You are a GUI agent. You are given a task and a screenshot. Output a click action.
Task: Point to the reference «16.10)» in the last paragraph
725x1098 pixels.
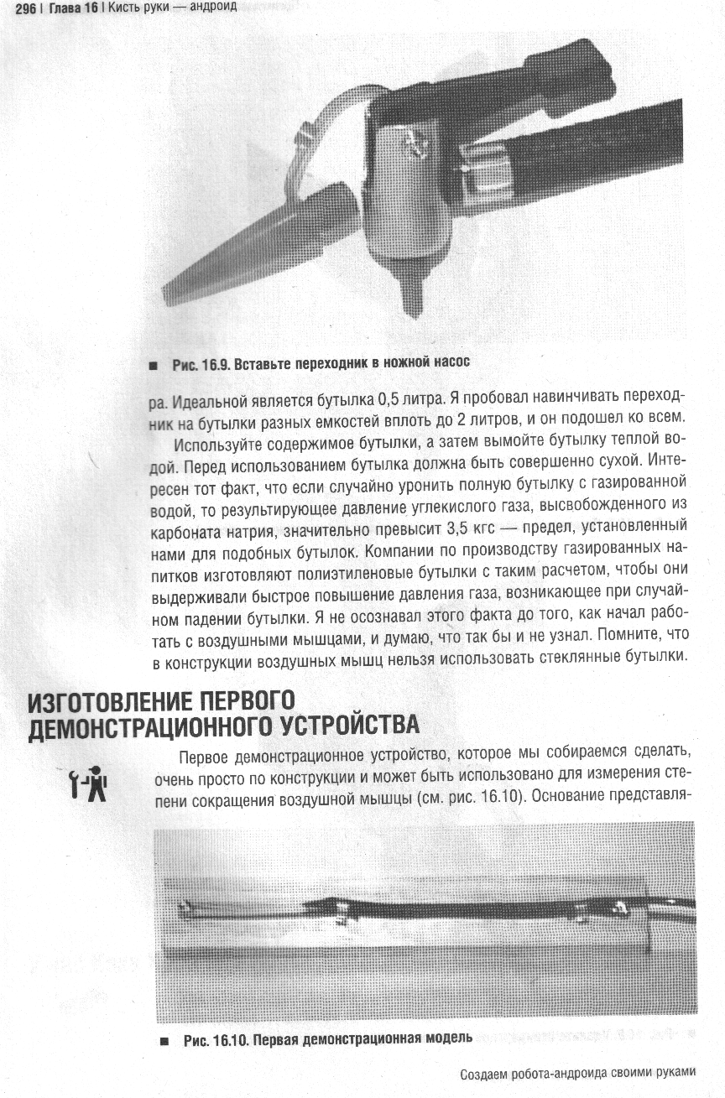504,797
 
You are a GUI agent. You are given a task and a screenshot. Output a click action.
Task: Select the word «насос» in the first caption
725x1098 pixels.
450,364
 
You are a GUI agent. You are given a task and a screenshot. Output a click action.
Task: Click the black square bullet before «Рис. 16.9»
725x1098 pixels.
152,365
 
